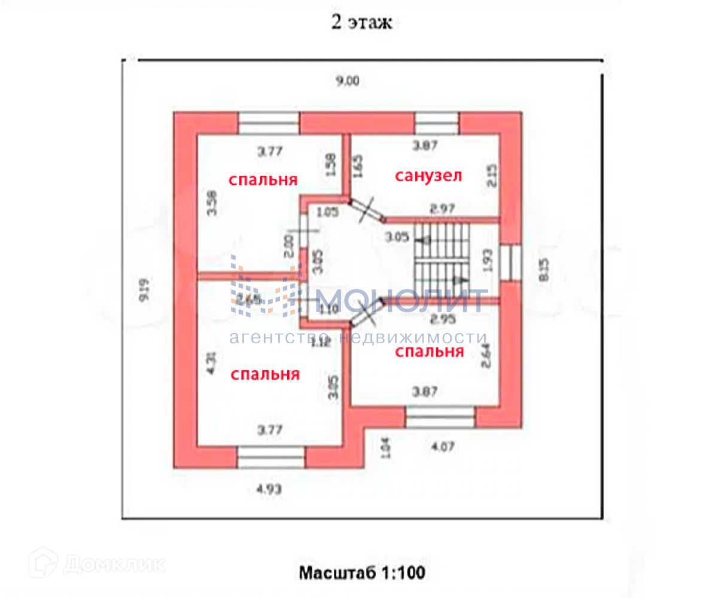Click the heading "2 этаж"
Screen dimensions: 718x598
point(361,23)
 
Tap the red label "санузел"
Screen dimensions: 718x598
point(428,176)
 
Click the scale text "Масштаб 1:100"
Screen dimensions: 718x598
point(362,573)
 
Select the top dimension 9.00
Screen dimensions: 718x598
point(347,82)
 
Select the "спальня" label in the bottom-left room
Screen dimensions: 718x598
point(265,374)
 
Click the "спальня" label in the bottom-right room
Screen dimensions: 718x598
point(430,351)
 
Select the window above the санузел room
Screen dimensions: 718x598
point(437,123)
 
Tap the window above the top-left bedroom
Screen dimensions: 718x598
point(269,123)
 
